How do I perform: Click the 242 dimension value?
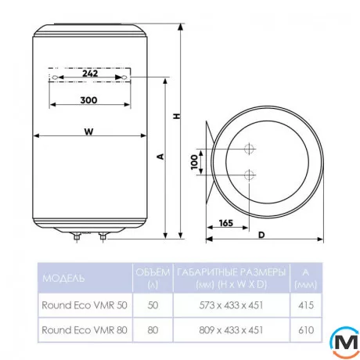pos(90,74)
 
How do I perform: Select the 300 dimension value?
pos(88,100)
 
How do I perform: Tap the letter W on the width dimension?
pos(88,131)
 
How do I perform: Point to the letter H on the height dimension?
pos(177,116)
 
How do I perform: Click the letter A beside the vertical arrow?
pos(160,157)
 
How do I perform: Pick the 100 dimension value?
pos(194,162)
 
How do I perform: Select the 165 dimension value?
pos(226,223)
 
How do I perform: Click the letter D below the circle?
pos(261,235)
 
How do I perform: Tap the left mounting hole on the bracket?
pos(55,77)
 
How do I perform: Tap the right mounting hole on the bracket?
pos(125,77)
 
